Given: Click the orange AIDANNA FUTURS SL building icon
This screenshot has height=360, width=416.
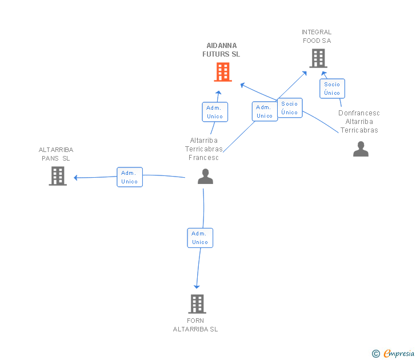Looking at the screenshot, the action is (223, 72).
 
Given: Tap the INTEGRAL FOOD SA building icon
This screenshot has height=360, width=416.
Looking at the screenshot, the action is (318, 58).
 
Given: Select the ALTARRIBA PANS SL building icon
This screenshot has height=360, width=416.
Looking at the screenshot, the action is (58, 176).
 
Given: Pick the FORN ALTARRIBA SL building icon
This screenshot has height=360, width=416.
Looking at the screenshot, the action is (197, 304).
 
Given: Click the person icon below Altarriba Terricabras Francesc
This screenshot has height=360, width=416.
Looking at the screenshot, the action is (205, 176).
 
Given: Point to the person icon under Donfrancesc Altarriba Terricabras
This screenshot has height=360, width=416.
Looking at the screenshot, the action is (361, 149).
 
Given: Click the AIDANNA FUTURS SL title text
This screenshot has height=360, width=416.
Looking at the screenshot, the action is (221, 50).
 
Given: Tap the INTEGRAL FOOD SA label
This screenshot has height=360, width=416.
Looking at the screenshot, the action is (317, 37).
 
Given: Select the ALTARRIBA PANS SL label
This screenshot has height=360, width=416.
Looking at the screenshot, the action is (56, 154).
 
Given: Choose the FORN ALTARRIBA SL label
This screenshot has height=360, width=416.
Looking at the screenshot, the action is (195, 325).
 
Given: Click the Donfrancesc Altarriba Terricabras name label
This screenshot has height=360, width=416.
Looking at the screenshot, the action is (359, 122).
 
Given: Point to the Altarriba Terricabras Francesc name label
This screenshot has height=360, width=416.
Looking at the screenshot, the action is (204, 149).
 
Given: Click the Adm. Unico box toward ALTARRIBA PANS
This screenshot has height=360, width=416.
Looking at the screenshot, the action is (130, 177).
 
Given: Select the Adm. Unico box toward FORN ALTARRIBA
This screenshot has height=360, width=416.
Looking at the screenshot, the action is (200, 238).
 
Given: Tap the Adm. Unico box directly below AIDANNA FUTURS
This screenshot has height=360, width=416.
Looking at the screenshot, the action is (215, 112).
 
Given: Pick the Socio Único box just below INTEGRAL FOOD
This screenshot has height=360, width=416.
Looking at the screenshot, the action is (332, 89).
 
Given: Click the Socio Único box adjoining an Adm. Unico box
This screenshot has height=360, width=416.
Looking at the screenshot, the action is (290, 108).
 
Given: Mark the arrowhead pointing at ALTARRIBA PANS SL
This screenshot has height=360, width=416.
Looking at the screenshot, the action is (75, 178).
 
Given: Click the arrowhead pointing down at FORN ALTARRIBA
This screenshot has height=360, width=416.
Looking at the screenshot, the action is (197, 287).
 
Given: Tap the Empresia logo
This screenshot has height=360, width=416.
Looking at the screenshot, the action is (393, 354).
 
